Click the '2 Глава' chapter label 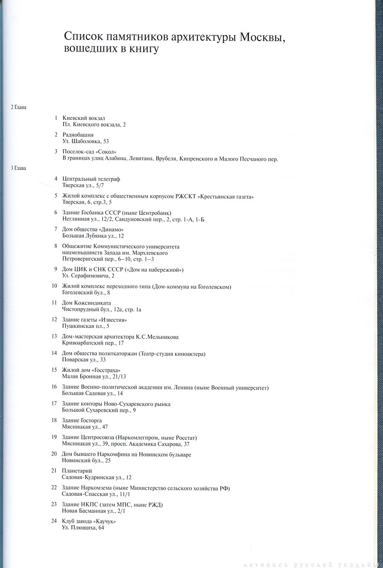(x=18, y=107)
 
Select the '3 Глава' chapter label (x=18, y=168)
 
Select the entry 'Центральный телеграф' (x=91, y=179)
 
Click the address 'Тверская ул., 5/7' (x=83, y=185)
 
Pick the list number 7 (x=55, y=229)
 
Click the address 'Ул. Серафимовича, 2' (x=88, y=276)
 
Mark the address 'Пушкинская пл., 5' (x=86, y=326)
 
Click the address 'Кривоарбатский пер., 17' (x=93, y=343)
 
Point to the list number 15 (x=54, y=370)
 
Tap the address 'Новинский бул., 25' (x=86, y=460)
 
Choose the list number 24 (x=54, y=521)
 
